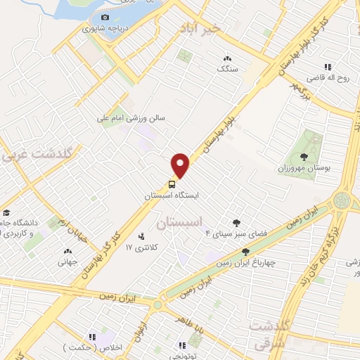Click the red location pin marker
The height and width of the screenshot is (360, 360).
pos(181,165)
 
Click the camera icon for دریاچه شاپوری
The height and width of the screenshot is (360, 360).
pos(105,18)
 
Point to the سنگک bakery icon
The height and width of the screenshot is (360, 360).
pos(226,58)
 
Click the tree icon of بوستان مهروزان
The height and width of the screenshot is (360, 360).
pos(304,157)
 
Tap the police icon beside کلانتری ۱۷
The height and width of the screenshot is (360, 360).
pos(142,236)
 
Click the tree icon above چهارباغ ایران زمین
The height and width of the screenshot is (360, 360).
pos(245,252)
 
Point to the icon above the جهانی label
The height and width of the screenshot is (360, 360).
pos(68,251)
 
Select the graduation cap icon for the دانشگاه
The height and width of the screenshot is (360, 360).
pos(6,213)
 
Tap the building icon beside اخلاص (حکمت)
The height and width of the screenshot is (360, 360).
pos(92,337)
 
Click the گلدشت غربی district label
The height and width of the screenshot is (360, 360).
pos(39,153)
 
